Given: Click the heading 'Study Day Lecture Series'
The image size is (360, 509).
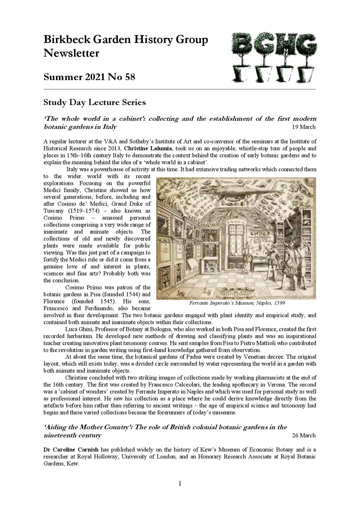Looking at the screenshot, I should (x=95, y=102).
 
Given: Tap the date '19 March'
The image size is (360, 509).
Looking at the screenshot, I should (x=304, y=127).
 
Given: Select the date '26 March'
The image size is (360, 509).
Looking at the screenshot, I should (x=304, y=435).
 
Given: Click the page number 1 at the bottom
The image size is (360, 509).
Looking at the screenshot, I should (x=180, y=484).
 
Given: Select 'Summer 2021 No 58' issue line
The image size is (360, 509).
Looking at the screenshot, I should (x=89, y=77).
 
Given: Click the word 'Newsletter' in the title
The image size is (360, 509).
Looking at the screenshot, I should (x=71, y=53).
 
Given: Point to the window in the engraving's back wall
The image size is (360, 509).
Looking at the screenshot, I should (x=237, y=238).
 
